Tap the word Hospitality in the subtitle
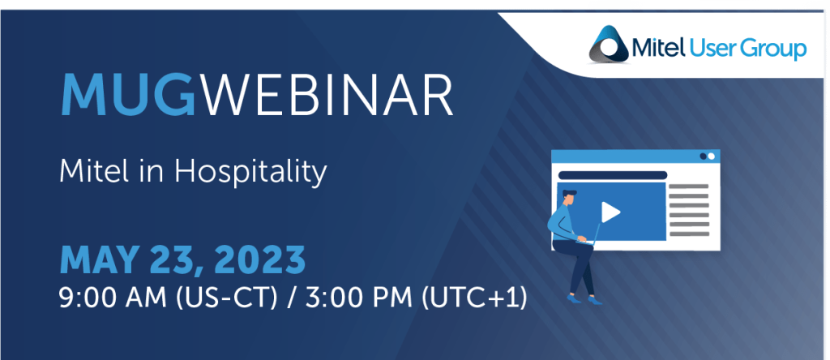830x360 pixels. pyautogui.click(x=250, y=173)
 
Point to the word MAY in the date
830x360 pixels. pyautogui.click(x=100, y=259)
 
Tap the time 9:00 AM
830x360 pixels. pyautogui.click(x=113, y=299)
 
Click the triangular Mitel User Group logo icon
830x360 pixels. pyautogui.click(x=609, y=45)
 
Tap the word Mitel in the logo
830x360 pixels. pyautogui.click(x=658, y=49)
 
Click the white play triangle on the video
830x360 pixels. pyautogui.click(x=610, y=212)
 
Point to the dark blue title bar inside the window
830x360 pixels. pyautogui.click(x=613, y=175)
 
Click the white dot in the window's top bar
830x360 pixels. pyautogui.click(x=712, y=156)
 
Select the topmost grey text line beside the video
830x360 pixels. pyautogui.click(x=689, y=186)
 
